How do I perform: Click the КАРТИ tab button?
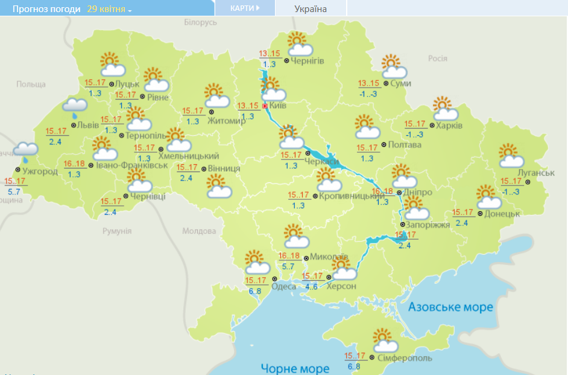(245, 8)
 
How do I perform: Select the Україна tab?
(311, 9)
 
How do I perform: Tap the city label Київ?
(277, 106)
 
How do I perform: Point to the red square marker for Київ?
(265, 106)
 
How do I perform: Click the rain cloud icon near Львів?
(75, 107)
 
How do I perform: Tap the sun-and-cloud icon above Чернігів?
(299, 44)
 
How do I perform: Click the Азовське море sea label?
(451, 307)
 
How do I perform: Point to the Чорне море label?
(295, 368)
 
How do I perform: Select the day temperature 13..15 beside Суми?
(368, 83)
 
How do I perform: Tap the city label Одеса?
(284, 286)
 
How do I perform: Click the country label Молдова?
(198, 231)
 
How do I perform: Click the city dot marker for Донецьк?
(480, 214)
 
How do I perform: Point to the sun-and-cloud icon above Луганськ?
(511, 156)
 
